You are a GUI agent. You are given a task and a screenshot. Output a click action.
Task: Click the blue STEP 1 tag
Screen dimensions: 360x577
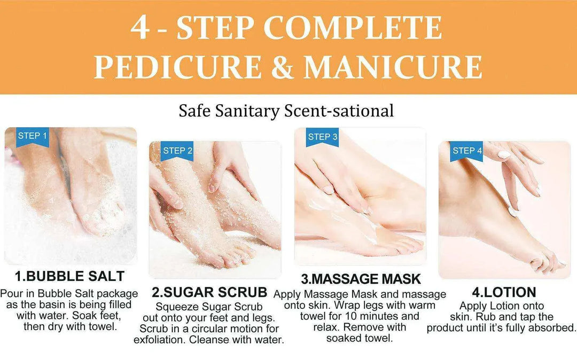(x=32, y=136)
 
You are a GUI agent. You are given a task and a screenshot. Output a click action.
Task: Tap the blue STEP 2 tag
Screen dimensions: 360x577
(x=177, y=151)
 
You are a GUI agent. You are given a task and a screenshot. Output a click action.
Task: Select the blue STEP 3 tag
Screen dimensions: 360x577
(x=322, y=137)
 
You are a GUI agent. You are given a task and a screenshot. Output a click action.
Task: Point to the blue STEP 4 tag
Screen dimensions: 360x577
(x=467, y=151)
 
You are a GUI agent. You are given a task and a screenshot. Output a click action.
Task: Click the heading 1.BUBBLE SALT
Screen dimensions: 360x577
(x=69, y=276)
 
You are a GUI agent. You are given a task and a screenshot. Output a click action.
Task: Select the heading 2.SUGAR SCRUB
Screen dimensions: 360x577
(x=209, y=292)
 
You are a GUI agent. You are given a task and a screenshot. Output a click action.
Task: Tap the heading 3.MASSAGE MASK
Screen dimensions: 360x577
(x=361, y=279)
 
